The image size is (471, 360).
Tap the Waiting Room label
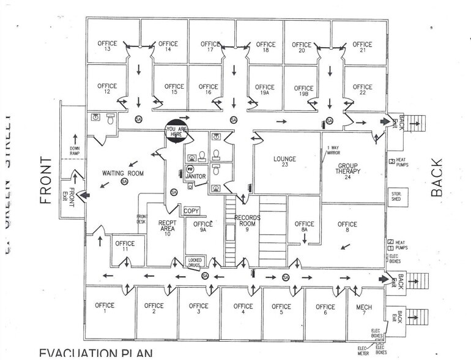coord(122,174)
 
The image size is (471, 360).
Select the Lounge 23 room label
coord(284,163)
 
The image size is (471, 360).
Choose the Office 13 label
coord(107,47)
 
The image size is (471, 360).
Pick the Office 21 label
coord(362,48)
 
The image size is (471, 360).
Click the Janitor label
coord(196,176)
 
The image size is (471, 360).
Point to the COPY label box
coord(192,210)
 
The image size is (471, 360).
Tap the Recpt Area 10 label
coord(168,227)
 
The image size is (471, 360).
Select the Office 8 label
coord(347,228)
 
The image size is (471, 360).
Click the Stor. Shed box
coord(396,197)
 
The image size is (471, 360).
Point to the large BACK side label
coord(436,177)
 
